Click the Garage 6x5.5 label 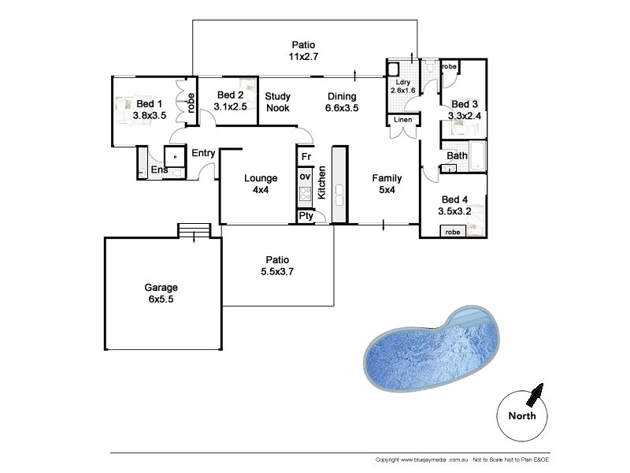161,294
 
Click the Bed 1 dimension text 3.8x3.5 150,115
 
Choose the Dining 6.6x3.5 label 342,102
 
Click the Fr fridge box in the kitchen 305,157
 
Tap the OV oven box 305,176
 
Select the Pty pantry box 305,215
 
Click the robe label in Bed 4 453,232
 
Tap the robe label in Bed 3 449,68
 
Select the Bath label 457,155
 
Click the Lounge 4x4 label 260,184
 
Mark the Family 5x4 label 387,184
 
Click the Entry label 203,152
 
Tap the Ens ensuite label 159,169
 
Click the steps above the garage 194,231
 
